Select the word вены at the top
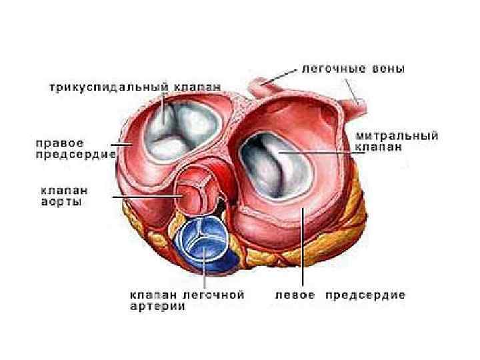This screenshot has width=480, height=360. [x=388, y=69]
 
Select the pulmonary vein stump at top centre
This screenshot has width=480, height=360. [x=257, y=87]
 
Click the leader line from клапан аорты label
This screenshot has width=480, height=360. [x=147, y=197]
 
